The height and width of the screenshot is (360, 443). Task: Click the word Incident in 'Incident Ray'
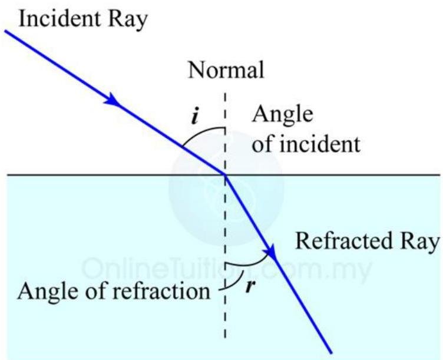click(59, 19)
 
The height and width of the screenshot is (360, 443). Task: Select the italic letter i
click(194, 116)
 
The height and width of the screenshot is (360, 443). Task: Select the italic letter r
click(250, 286)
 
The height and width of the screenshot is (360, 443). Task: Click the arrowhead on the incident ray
click(113, 100)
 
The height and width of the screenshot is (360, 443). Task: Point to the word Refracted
click(343, 241)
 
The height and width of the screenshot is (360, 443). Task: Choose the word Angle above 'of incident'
click(283, 115)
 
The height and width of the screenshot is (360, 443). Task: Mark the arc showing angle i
click(200, 132)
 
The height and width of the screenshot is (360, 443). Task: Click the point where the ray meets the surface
click(226, 175)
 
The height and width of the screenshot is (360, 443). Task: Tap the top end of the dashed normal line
click(225, 94)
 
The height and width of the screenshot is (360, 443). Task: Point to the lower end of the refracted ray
click(331, 353)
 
